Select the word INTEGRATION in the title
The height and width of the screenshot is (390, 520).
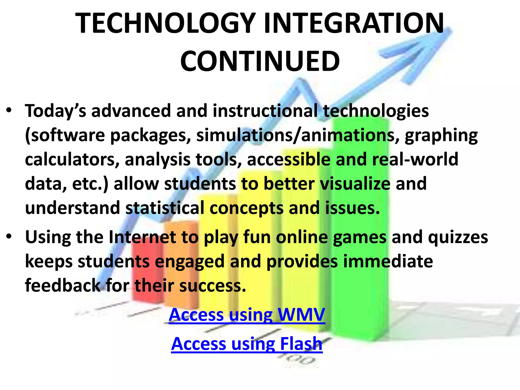[354, 23]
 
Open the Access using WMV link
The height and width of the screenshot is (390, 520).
[247, 315]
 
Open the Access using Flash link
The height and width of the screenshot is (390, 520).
[247, 344]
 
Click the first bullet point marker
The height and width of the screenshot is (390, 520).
[9, 111]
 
